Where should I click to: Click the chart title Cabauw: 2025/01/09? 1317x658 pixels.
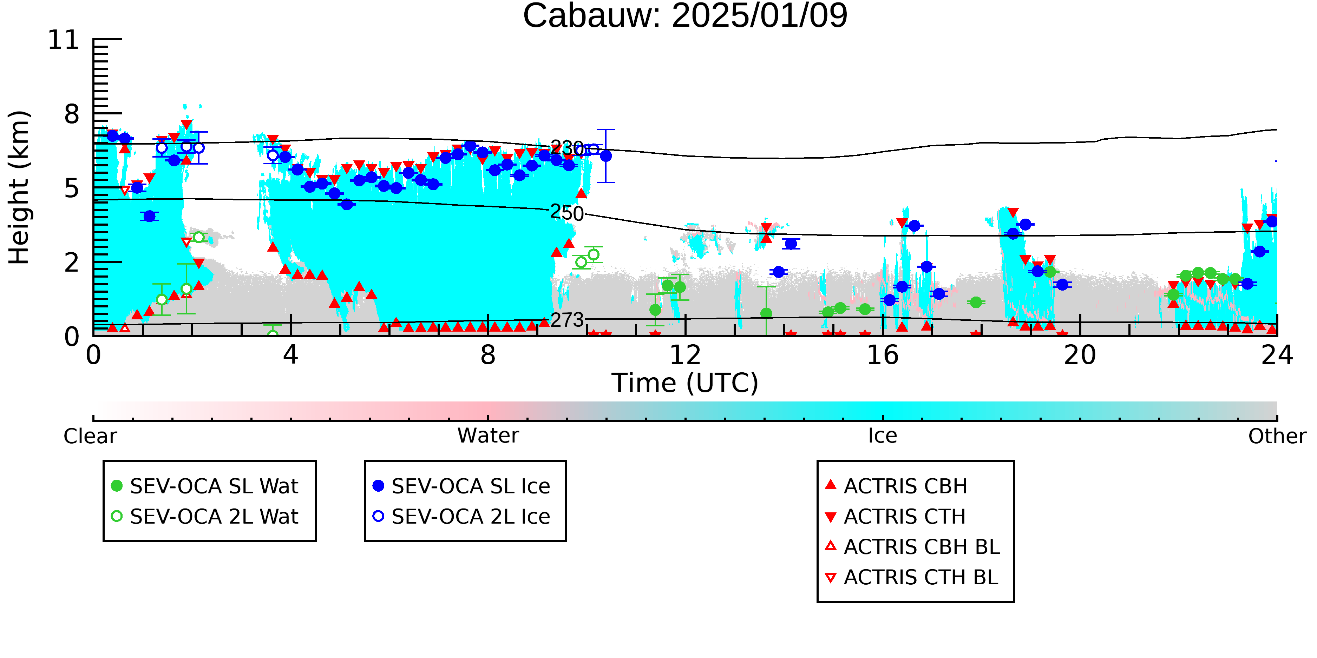685,15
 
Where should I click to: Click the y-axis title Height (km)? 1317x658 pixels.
19,187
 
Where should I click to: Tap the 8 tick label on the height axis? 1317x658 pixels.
72,114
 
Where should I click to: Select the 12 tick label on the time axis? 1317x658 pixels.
685,355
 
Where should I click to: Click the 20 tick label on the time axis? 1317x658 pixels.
1080,355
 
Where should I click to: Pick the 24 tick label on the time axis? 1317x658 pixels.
1277,355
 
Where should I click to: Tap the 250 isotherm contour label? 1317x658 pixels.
567,213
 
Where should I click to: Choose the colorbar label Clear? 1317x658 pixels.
90,436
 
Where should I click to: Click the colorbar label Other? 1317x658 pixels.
1277,436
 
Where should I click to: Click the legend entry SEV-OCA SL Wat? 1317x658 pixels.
204,486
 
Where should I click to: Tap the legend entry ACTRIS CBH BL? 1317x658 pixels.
913,547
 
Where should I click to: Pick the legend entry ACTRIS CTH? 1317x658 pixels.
895,517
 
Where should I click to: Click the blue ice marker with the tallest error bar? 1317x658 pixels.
606,156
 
